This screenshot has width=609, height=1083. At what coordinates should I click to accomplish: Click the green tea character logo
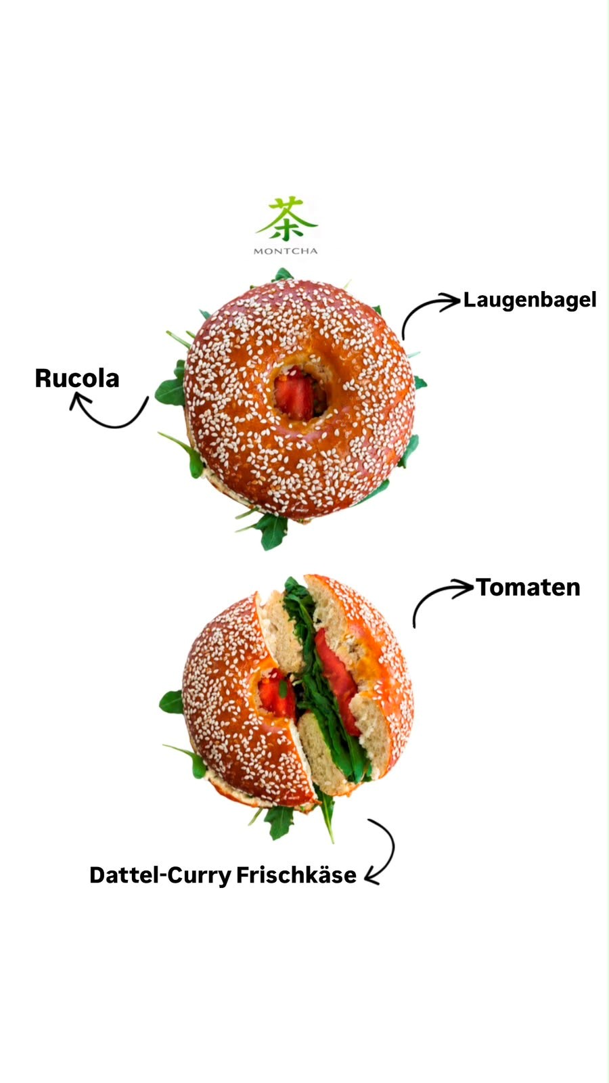point(287,219)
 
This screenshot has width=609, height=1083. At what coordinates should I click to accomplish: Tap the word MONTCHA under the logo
point(286,251)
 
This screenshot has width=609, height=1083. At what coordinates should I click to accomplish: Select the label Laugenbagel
point(530,301)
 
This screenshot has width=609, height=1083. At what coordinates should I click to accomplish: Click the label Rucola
point(77,378)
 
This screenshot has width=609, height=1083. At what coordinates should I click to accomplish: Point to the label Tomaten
point(528,588)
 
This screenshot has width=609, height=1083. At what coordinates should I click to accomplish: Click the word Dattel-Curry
point(160,876)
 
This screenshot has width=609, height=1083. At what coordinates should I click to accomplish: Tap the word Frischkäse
point(296,875)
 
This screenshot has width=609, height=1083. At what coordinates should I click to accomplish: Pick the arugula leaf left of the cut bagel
point(172,703)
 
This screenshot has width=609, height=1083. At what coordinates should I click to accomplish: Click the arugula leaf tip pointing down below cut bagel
point(333,841)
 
